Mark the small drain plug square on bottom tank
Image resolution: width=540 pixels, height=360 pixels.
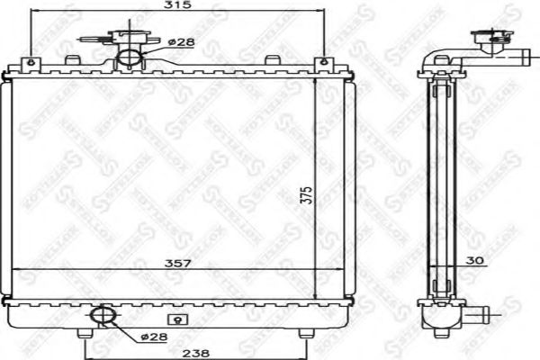pos(177,317)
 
